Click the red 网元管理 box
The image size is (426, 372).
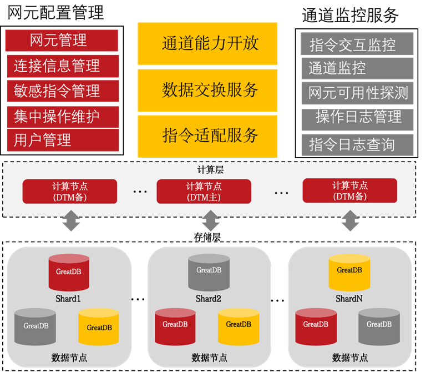[62, 41]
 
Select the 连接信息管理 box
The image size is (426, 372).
[62, 66]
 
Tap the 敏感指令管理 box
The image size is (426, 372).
[62, 91]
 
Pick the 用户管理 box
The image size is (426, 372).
[62, 140]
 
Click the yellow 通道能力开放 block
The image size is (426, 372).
[207, 44]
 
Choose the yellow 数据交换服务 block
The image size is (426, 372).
[207, 90]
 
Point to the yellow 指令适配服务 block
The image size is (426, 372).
[207, 135]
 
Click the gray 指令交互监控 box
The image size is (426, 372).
[357, 44]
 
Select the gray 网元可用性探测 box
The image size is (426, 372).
[357, 92]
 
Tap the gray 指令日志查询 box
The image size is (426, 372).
[357, 145]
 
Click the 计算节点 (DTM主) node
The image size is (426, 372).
[204, 191]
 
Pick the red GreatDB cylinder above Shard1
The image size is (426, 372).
[69, 272]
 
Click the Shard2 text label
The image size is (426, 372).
[209, 299]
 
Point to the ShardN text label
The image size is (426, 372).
[349, 299]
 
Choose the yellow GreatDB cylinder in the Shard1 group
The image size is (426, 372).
[99, 327]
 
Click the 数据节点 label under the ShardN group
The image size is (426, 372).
[349, 358]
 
